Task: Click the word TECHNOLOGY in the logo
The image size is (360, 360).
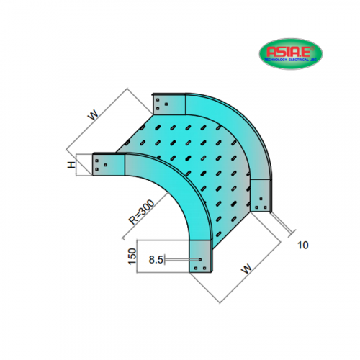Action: tap(277, 60)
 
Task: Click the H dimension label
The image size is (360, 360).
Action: tap(71, 165)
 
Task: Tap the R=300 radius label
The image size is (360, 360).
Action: tap(137, 213)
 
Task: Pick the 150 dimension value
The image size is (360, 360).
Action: tap(132, 256)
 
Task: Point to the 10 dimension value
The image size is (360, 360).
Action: tap(302, 245)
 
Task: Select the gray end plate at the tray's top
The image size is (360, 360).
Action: tap(168, 104)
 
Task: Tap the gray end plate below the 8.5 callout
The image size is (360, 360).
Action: tap(202, 257)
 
